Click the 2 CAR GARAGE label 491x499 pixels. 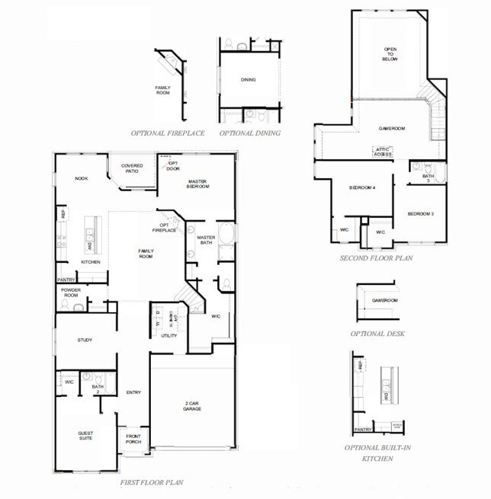(x=191, y=406)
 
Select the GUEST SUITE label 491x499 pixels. (x=85, y=436)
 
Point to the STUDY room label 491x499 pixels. (x=84, y=340)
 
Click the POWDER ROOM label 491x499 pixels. (x=70, y=293)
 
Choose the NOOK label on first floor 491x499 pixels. (x=81, y=178)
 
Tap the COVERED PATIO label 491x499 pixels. (x=132, y=168)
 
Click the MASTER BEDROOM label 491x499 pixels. (x=199, y=183)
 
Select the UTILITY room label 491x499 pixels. (x=168, y=335)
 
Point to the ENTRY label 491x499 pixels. (x=133, y=392)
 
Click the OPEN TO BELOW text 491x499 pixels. (x=390, y=55)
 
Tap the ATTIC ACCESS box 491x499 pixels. (x=383, y=151)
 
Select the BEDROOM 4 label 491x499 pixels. (x=362, y=187)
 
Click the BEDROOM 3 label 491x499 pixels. (x=420, y=213)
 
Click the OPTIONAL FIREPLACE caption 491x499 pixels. (x=168, y=133)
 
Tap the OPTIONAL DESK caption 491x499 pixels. (x=377, y=334)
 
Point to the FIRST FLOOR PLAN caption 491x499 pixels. (x=152, y=482)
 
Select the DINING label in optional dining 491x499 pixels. (x=248, y=79)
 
